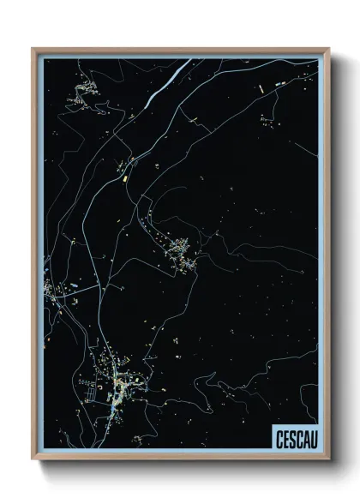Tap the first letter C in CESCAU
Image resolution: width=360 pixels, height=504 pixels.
point(278,438)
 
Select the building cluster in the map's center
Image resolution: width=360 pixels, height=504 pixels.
point(183,252)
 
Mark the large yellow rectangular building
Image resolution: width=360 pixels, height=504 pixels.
point(125,179)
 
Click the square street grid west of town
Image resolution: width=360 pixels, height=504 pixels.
point(87,395)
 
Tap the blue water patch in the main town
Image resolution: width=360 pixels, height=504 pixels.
point(113,411)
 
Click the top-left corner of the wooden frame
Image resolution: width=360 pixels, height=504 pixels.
point(33,50)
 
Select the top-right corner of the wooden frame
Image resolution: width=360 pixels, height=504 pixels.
point(327,50)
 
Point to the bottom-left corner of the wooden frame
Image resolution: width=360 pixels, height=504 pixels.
point(33,459)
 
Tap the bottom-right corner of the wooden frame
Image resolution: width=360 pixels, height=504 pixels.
point(327,459)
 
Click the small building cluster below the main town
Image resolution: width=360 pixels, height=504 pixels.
point(137,441)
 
